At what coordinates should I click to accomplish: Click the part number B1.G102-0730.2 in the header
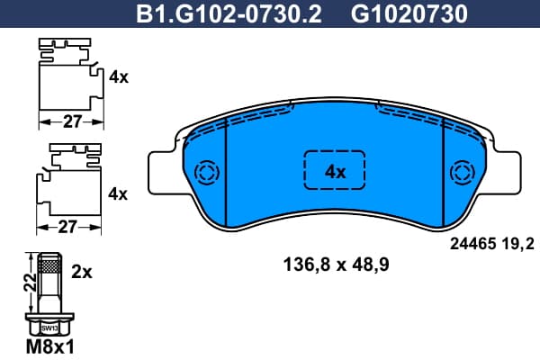click(x=229, y=14)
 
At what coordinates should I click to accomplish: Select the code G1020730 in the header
click(x=409, y=14)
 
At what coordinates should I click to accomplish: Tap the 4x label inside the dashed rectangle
click(x=335, y=172)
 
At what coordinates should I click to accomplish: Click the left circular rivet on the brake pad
click(x=207, y=172)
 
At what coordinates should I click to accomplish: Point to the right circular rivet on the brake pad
click(x=463, y=172)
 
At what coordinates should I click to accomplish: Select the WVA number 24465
click(x=472, y=244)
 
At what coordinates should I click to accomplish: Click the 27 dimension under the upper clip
click(x=72, y=121)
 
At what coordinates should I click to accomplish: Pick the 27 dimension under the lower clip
click(x=67, y=227)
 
